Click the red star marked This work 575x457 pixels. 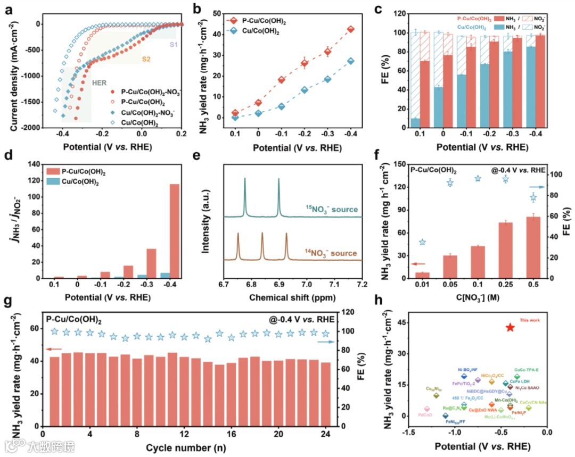coord(510,328)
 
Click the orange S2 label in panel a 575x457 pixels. coord(146,60)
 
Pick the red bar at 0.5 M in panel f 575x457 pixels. coord(533,247)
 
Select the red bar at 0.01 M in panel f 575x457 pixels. coord(422,275)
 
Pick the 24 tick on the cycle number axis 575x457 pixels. coord(325,434)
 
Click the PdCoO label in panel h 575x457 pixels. coord(425,414)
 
